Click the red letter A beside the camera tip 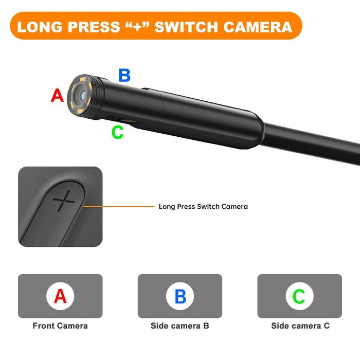pyautogui.click(x=57, y=95)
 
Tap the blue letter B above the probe pyautogui.click(x=124, y=75)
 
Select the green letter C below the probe pyautogui.click(x=118, y=132)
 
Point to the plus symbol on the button pyautogui.click(x=64, y=201)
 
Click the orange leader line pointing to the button pyautogui.click(x=118, y=207)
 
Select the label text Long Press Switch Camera pyautogui.click(x=203, y=207)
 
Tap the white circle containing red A pyautogui.click(x=60, y=296)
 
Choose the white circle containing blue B pyautogui.click(x=180, y=296)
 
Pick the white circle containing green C pyautogui.click(x=299, y=296)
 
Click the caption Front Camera pyautogui.click(x=60, y=326)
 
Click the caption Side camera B pyautogui.click(x=180, y=326)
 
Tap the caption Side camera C pyautogui.click(x=300, y=326)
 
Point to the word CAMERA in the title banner pyautogui.click(x=261, y=26)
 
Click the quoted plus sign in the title pyautogui.click(x=137, y=26)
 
